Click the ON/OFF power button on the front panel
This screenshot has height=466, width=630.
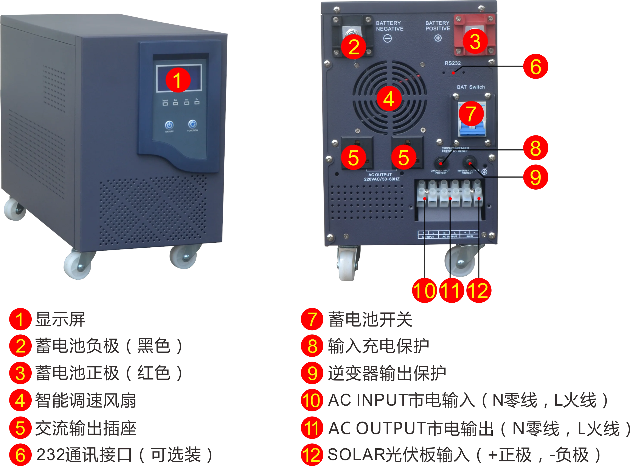[169, 125]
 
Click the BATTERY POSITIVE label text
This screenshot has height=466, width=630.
[438, 26]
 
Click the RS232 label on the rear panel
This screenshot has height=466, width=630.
[453, 63]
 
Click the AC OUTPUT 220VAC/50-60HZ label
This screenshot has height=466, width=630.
[381, 177]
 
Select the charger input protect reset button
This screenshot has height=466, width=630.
[441, 163]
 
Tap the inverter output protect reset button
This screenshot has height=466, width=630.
[469, 163]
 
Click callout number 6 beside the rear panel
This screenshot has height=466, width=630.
[535, 67]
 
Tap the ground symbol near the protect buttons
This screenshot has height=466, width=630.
[484, 172]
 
